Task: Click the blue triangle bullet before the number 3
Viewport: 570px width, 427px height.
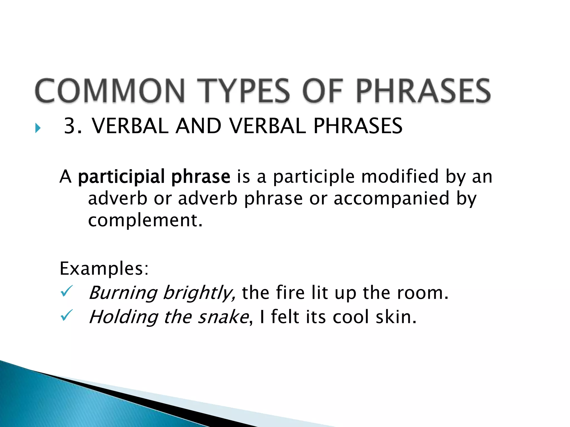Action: (x=38, y=128)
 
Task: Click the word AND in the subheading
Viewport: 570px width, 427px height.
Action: (x=198, y=126)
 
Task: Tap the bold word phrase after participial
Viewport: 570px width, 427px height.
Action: (x=201, y=177)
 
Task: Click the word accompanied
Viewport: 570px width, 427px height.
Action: (x=392, y=199)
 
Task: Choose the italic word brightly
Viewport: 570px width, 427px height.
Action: (x=198, y=293)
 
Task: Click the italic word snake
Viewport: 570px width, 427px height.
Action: (x=223, y=317)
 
